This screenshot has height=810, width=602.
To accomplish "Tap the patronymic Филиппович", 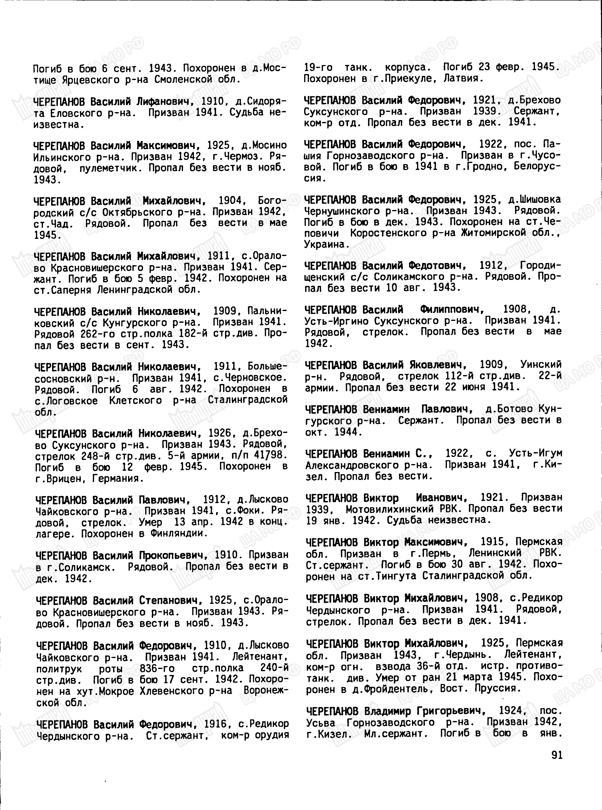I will pos(452,310).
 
